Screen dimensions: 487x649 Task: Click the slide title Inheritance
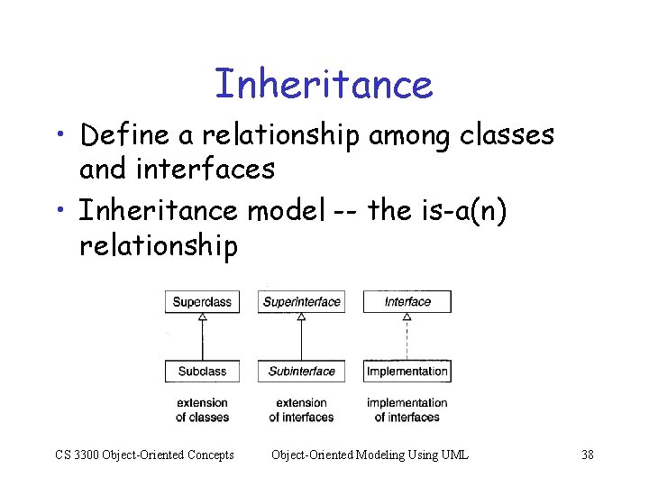pos(324,84)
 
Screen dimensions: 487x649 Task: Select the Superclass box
pos(202,301)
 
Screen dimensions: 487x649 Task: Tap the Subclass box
pos(202,371)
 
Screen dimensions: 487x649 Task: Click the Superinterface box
pos(301,301)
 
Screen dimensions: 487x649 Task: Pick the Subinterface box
pos(301,371)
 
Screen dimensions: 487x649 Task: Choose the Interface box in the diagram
pos(407,301)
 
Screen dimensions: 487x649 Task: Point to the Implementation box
pos(407,371)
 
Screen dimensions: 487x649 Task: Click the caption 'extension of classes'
pos(202,409)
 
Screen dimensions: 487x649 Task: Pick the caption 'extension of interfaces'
pos(301,409)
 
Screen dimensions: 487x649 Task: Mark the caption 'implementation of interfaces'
pos(407,409)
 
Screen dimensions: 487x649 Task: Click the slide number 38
pos(587,455)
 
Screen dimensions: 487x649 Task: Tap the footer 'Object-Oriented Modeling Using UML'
pos(370,455)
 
